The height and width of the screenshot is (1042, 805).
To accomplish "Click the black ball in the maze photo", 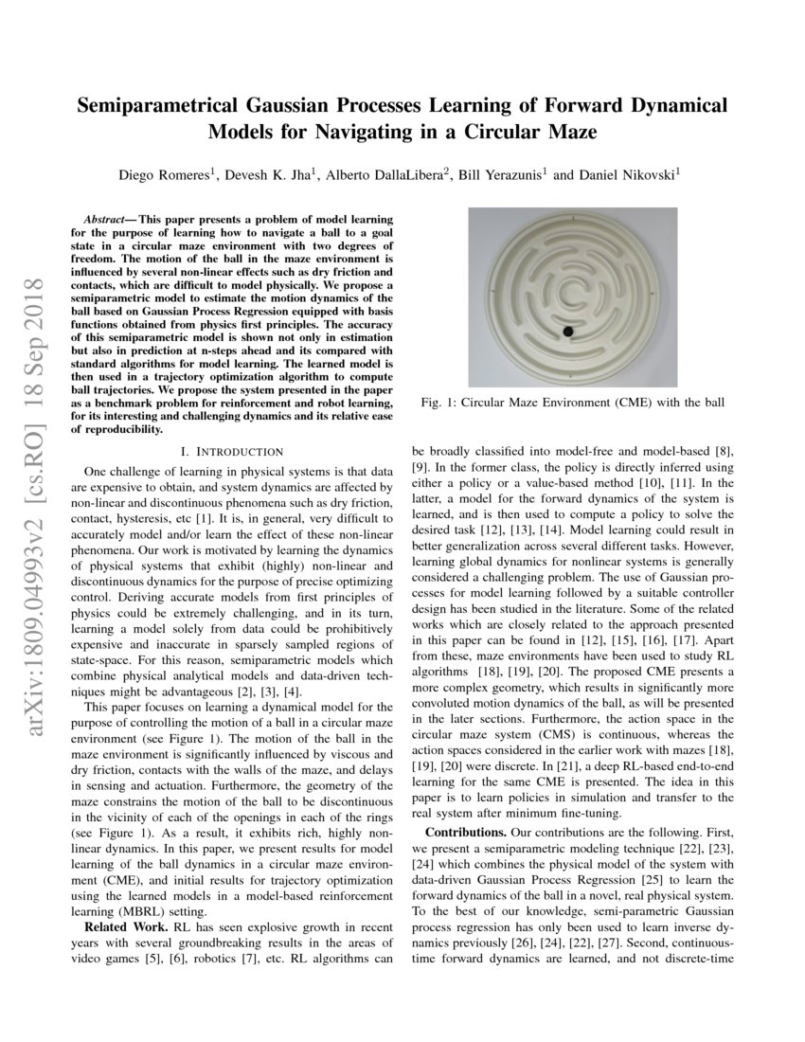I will coord(568,331).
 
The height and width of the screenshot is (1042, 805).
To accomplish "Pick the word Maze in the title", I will coord(570,132).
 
